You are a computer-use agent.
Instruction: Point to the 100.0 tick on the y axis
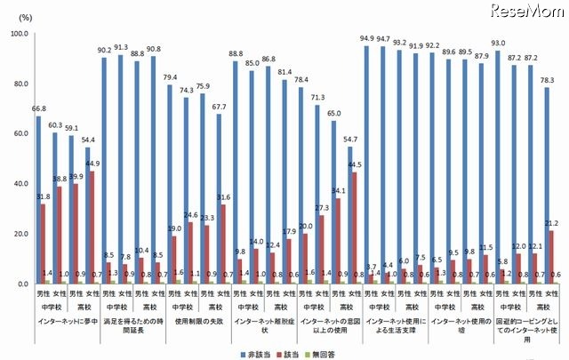(x=19, y=34)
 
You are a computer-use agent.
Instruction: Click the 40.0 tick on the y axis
(x=19, y=184)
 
